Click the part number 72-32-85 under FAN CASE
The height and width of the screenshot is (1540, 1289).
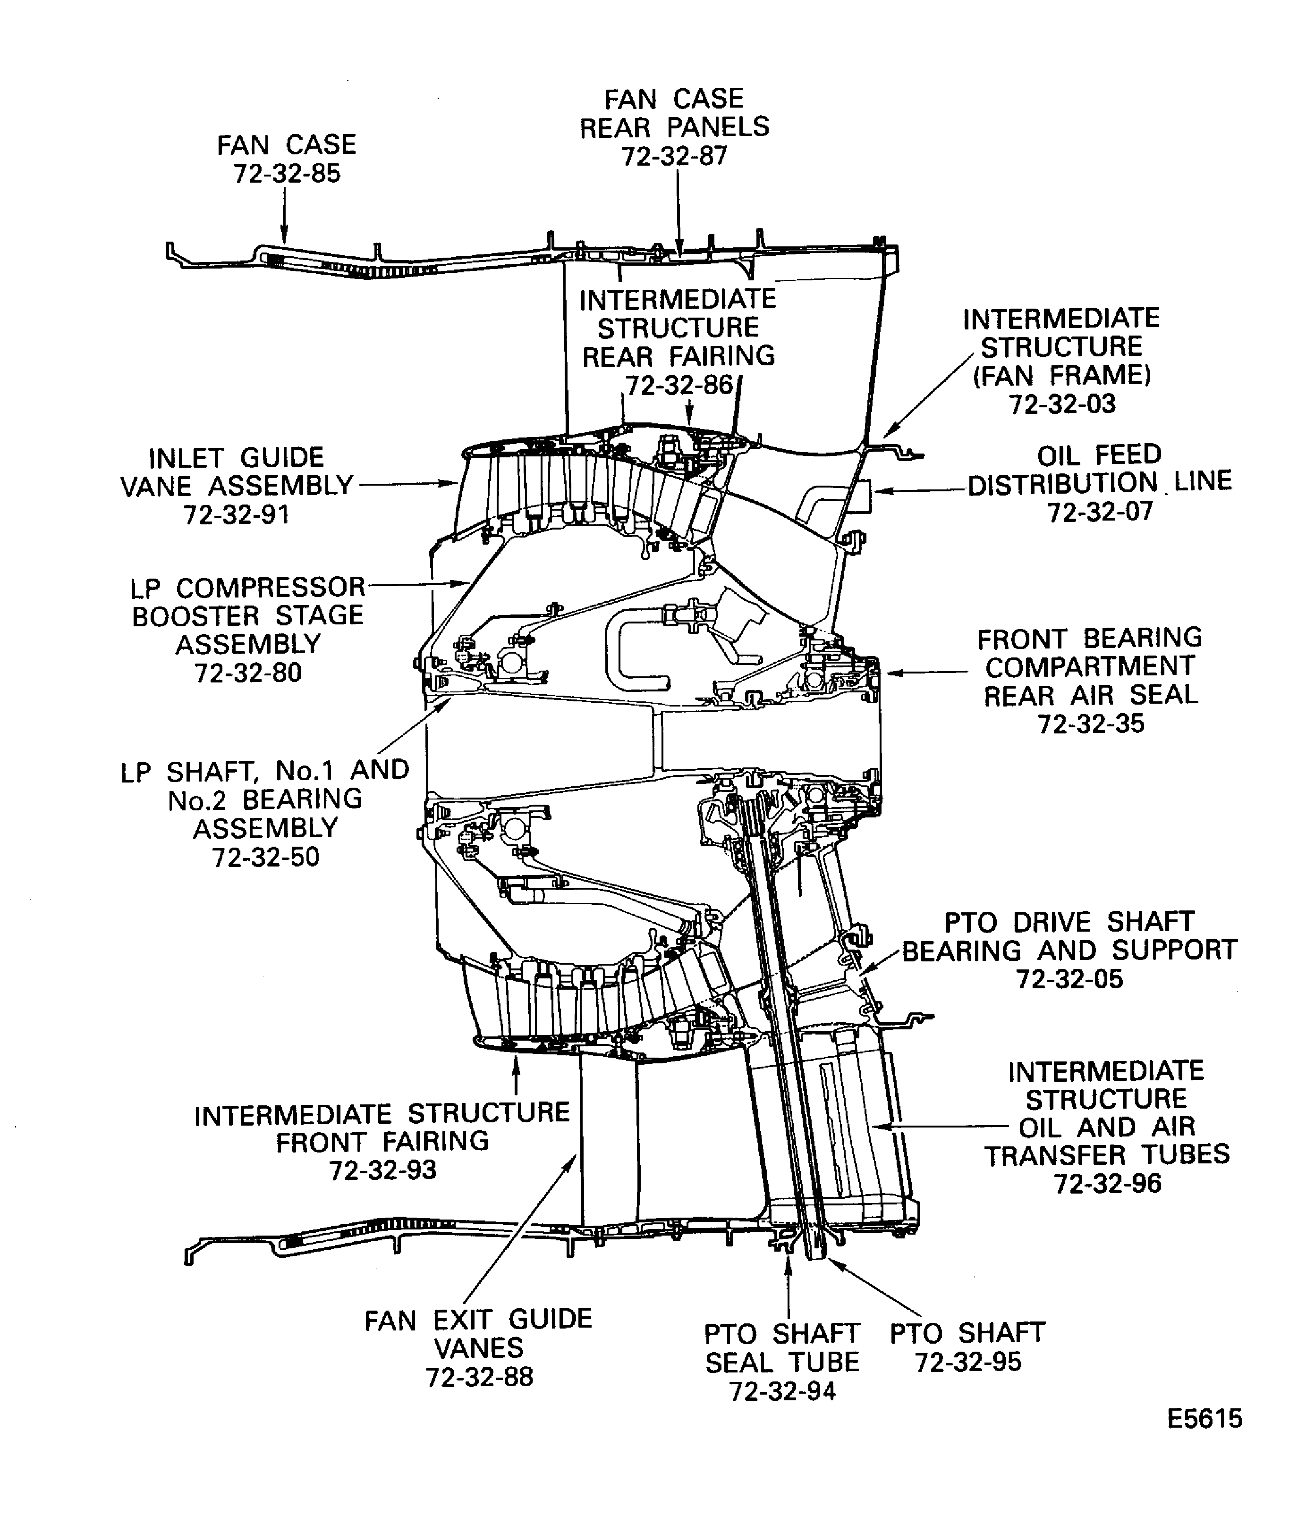[x=287, y=174]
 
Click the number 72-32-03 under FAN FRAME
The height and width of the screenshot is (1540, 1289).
[x=1061, y=404]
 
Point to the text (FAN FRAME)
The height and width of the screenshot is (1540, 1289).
[x=1061, y=376]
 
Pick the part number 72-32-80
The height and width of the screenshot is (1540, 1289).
[x=248, y=673]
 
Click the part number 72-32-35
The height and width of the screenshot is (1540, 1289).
[x=1090, y=724]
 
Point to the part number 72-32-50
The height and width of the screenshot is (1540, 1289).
[x=265, y=857]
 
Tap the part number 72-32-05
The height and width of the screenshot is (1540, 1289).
[x=1069, y=979]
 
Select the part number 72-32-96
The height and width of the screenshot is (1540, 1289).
[x=1108, y=1184]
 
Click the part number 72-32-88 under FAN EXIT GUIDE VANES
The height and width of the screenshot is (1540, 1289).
[x=479, y=1377]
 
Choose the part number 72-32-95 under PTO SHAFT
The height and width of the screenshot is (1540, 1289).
[x=967, y=1362]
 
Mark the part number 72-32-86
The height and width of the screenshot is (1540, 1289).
[x=678, y=386]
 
